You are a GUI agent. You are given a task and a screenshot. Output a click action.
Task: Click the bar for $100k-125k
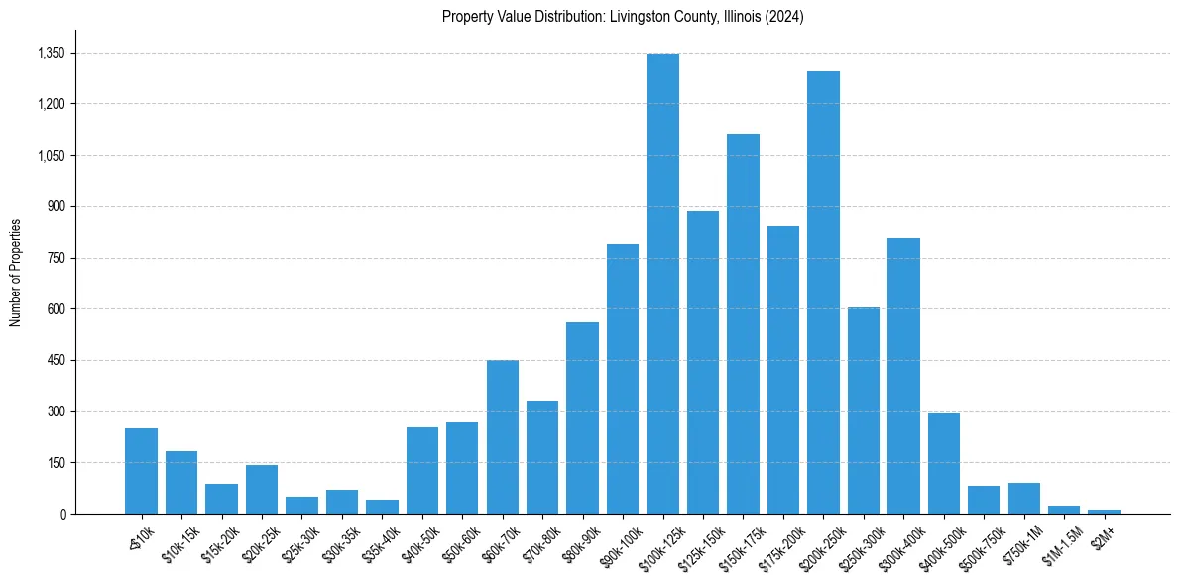point(662,284)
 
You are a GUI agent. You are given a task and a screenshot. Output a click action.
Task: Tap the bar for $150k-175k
point(743,323)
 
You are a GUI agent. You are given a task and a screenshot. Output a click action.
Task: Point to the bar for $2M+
point(1104,512)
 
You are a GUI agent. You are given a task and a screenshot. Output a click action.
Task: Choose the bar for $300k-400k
point(903,376)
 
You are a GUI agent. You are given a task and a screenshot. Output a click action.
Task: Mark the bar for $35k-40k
point(382,507)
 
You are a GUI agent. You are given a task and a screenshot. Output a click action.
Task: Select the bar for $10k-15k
point(181,483)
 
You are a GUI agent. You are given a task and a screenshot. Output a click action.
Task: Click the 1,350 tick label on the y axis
point(51,53)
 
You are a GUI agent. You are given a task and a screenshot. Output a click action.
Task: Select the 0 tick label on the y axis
point(63,514)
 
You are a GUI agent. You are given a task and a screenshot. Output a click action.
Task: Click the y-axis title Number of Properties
point(15,272)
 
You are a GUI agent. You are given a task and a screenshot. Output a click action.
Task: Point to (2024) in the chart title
point(783,17)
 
